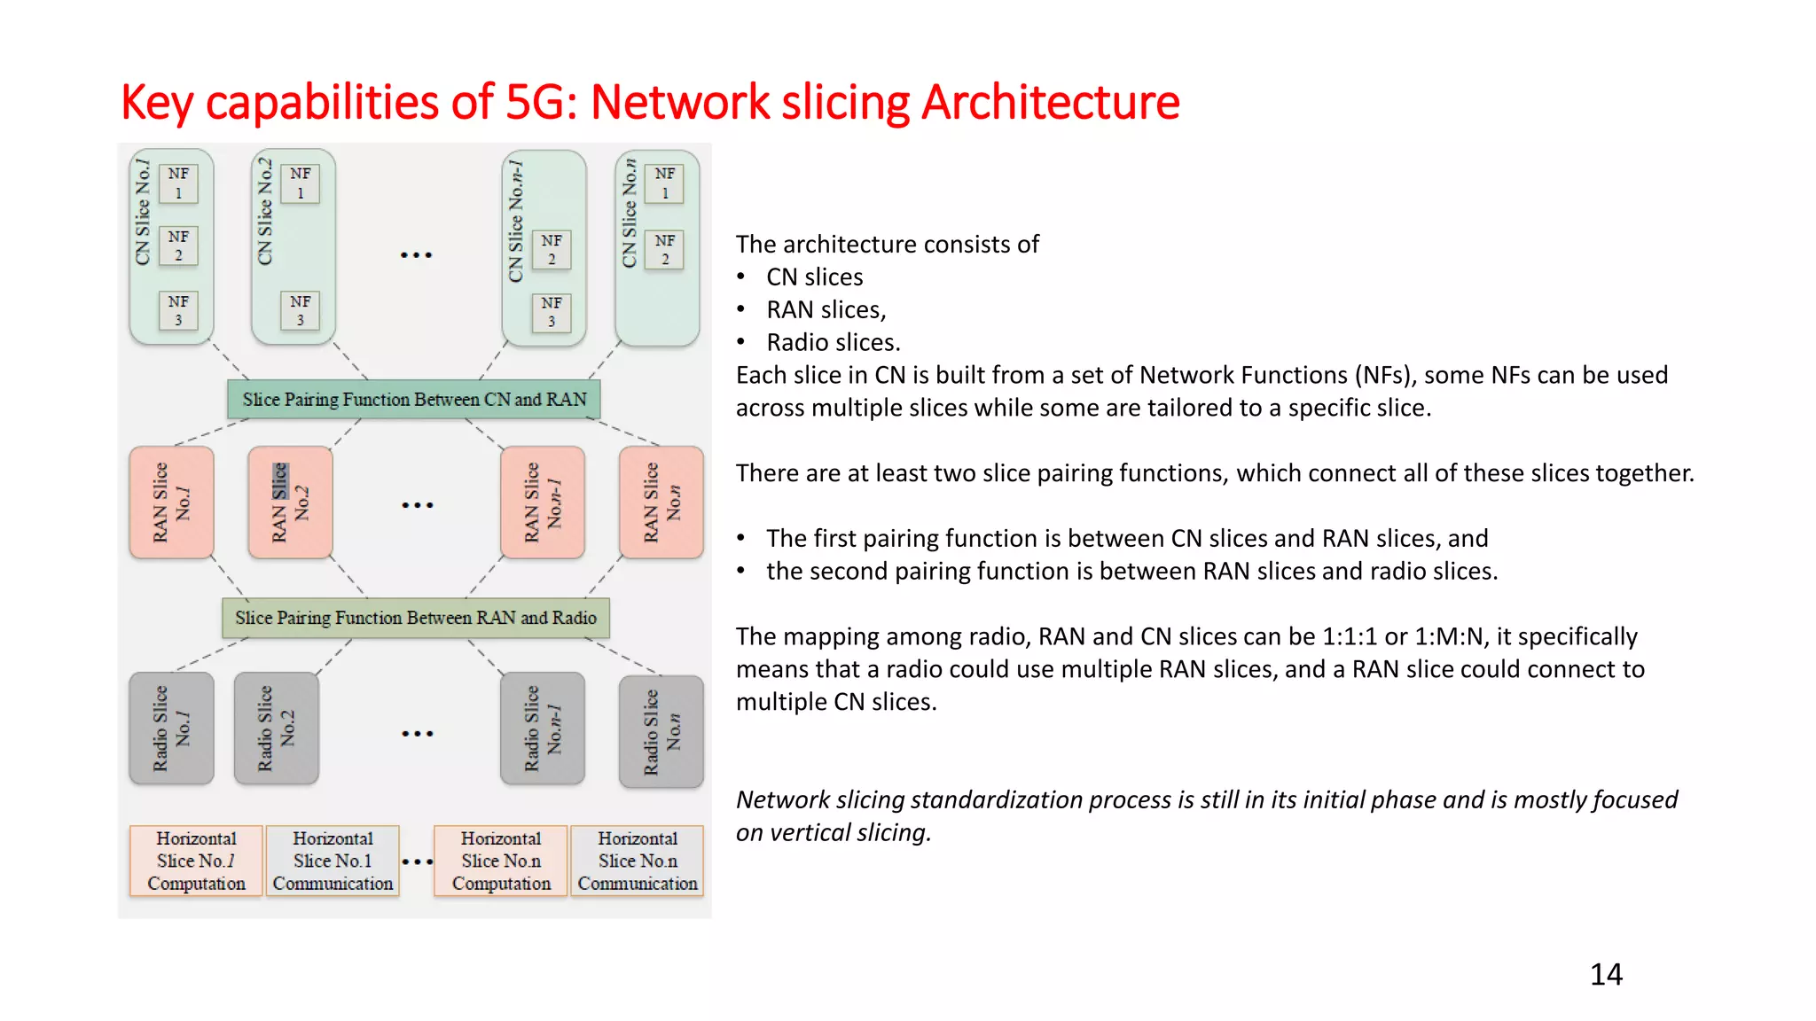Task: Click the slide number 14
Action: pos(1605,974)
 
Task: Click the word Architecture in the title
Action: pos(1051,102)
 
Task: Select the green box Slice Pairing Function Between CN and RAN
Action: pos(414,399)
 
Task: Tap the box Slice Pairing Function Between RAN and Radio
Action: pos(415,618)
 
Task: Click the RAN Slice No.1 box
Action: pos(171,502)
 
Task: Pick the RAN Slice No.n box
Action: pos(661,502)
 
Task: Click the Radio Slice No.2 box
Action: pos(276,728)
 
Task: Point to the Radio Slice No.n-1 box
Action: pos(543,728)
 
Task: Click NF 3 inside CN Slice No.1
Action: pos(178,310)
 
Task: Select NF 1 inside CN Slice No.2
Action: pos(300,183)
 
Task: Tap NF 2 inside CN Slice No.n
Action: pos(664,250)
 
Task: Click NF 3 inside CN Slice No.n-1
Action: pos(551,312)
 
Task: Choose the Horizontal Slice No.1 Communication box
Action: pos(333,861)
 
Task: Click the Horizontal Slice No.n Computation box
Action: pos(501,861)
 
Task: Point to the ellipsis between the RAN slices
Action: pos(417,505)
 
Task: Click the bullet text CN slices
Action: pos(814,277)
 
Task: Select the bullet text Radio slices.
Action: pos(833,343)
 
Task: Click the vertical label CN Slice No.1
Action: pos(143,213)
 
